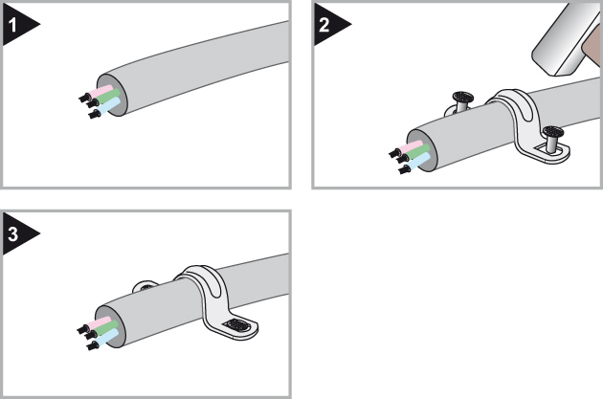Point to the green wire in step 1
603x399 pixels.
pos(105,100)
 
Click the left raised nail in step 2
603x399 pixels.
pos(460,100)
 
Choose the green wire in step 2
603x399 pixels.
pos(418,153)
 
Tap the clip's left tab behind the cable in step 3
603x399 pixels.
pos(146,283)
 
